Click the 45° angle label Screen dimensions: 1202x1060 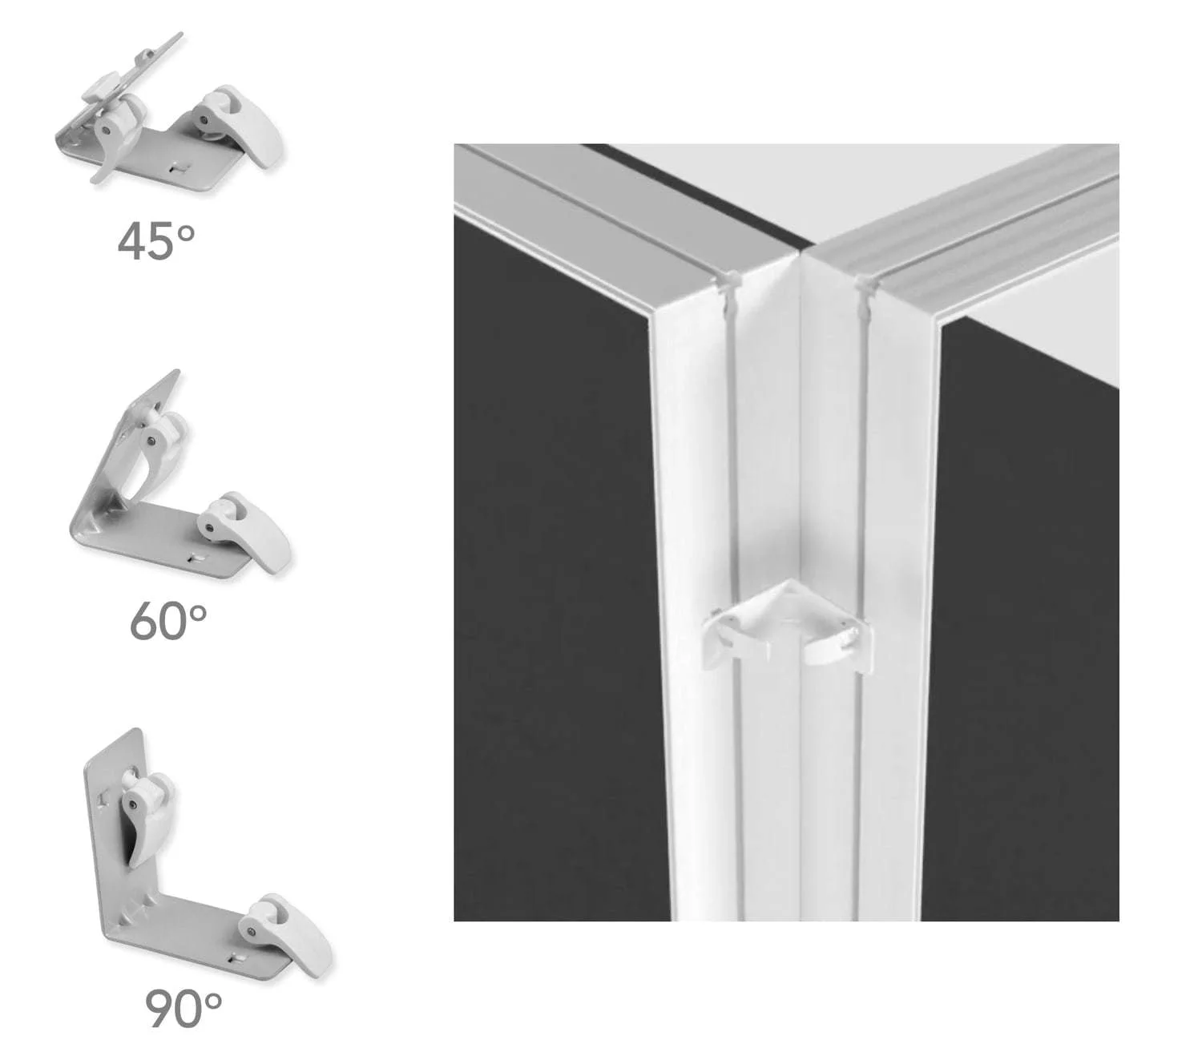156,241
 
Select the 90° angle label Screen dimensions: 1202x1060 184,1008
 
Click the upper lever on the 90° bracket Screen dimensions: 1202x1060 146,816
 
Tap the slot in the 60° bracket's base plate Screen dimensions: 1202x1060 196,558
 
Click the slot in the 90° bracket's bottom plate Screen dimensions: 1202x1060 238,956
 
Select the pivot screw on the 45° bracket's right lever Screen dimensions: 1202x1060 204,119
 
